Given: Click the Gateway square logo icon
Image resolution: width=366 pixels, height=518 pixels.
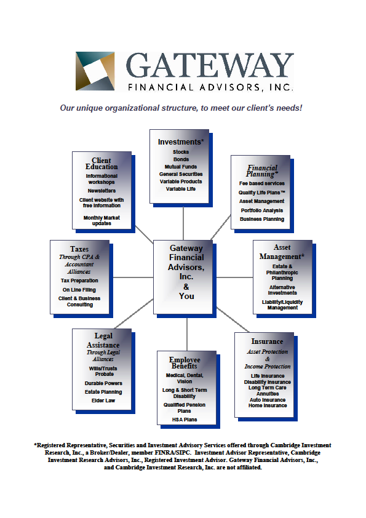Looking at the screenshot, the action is tap(95, 71).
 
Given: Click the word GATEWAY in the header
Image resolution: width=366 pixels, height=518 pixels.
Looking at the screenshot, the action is tap(210, 66).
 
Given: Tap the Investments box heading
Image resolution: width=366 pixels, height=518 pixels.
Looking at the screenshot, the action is tap(181, 141).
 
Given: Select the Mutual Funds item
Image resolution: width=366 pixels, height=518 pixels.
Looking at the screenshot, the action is tap(181, 167).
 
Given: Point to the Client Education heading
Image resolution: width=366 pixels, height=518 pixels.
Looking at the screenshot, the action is tap(101, 164).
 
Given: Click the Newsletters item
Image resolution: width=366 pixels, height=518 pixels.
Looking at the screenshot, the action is tap(101, 191).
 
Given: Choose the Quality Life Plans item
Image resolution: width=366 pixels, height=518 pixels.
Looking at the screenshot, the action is tap(262, 193).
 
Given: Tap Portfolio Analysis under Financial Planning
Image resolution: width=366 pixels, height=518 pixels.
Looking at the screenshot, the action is tap(262, 210).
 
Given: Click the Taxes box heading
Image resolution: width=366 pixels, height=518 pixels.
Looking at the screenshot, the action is tap(79, 249).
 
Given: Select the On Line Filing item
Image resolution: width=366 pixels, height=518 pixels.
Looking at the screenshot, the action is tap(79, 290).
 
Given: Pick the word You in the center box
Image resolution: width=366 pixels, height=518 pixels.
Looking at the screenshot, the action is tap(186, 296).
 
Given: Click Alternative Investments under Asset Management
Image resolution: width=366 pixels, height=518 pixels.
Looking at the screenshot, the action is tap(282, 290).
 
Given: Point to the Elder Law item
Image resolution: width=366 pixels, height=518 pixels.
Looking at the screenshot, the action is tap(103, 400).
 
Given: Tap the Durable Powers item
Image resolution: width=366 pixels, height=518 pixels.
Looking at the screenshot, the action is tap(103, 383).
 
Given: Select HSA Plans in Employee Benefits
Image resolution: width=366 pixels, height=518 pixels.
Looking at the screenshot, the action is tap(185, 420).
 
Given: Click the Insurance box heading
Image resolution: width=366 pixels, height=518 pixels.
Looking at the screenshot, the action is tap(267, 341).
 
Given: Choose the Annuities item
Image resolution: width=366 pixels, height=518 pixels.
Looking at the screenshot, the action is tap(268, 394).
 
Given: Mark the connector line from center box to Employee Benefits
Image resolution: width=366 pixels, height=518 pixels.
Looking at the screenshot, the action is tap(187, 332).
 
